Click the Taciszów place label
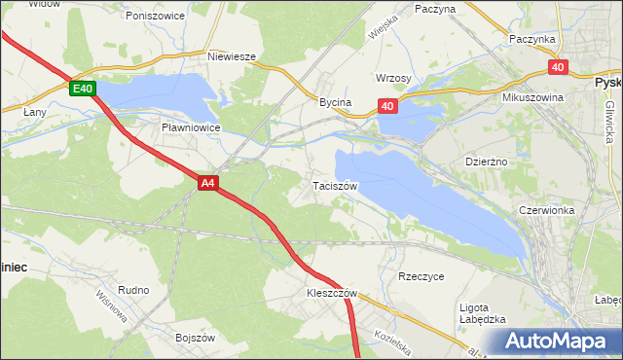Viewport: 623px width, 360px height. click(336, 185)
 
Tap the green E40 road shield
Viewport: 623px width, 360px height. click(83, 90)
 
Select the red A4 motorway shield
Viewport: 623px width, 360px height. click(207, 182)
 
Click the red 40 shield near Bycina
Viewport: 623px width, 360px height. click(387, 106)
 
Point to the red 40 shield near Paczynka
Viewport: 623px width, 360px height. click(557, 67)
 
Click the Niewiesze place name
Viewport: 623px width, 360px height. click(232, 56)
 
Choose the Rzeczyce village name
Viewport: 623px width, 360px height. click(421, 276)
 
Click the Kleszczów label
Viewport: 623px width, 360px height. click(333, 293)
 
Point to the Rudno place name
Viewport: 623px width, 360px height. click(133, 290)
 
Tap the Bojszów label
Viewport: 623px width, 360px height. click(194, 338)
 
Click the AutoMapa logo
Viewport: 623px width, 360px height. click(556, 342)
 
